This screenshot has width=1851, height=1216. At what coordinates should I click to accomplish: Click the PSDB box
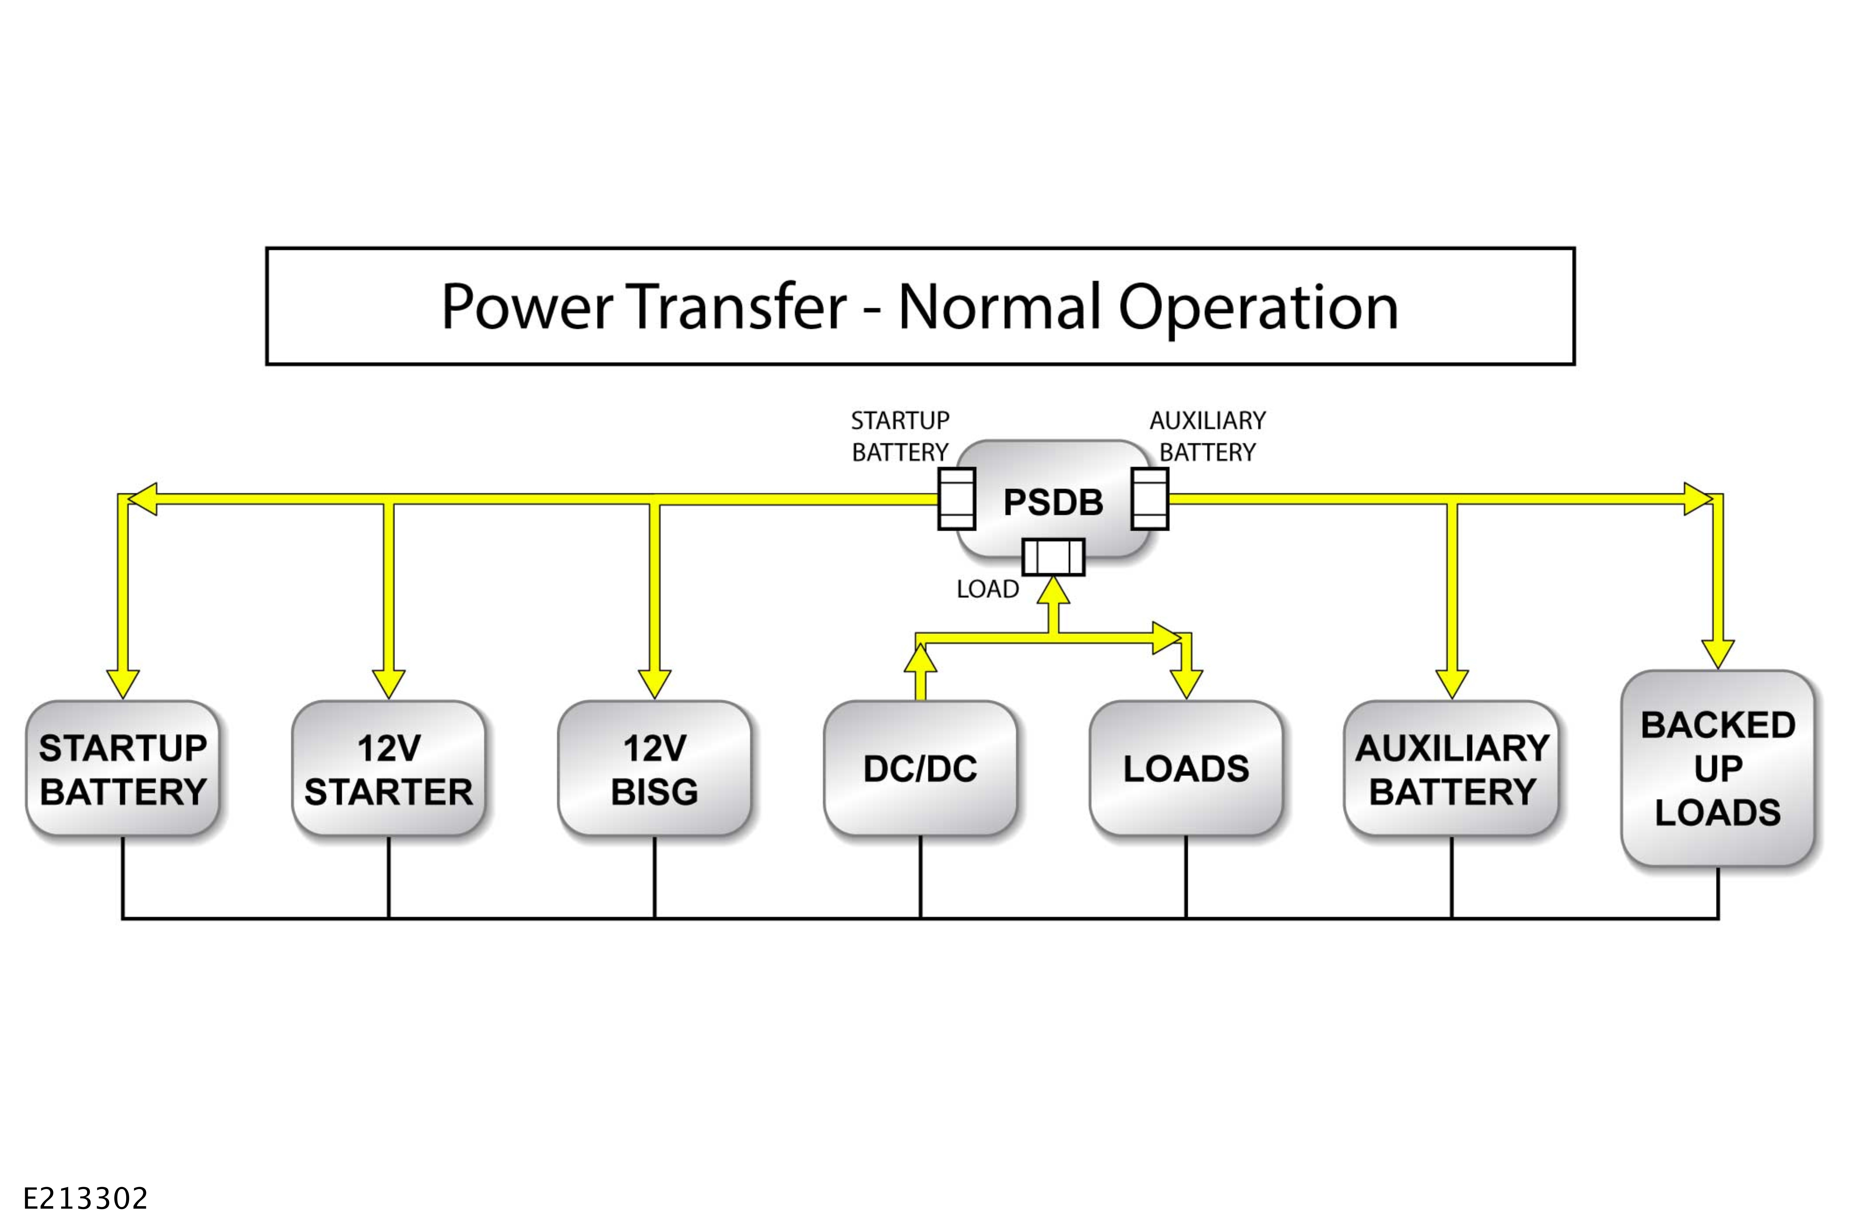pyautogui.click(x=1053, y=500)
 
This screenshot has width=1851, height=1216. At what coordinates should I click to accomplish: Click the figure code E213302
pyautogui.click(x=86, y=1198)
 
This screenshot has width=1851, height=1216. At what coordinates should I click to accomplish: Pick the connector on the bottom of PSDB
pyautogui.click(x=1053, y=557)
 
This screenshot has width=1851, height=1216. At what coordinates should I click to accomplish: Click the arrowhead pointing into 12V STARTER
pyautogui.click(x=389, y=684)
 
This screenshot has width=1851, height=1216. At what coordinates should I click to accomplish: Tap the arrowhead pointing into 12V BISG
pyautogui.click(x=655, y=684)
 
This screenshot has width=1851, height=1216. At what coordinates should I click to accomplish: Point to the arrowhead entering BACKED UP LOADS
pyautogui.click(x=1718, y=655)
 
